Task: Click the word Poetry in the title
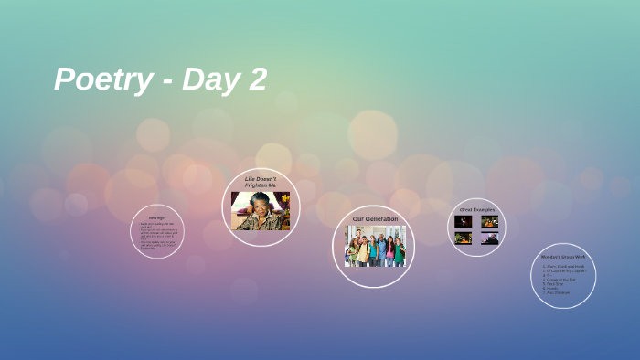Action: point(102,80)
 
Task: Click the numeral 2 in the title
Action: point(256,79)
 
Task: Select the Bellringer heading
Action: point(156,217)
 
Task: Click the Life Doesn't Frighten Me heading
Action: point(261,182)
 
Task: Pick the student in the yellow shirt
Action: point(362,248)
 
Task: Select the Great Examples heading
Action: point(476,209)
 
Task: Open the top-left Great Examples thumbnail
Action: point(464,222)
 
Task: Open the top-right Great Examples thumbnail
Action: point(490,222)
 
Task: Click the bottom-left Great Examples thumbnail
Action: point(464,238)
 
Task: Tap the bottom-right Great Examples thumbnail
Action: point(490,238)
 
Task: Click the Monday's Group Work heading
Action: point(562,257)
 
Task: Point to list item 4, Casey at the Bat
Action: point(560,280)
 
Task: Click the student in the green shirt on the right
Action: point(400,249)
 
